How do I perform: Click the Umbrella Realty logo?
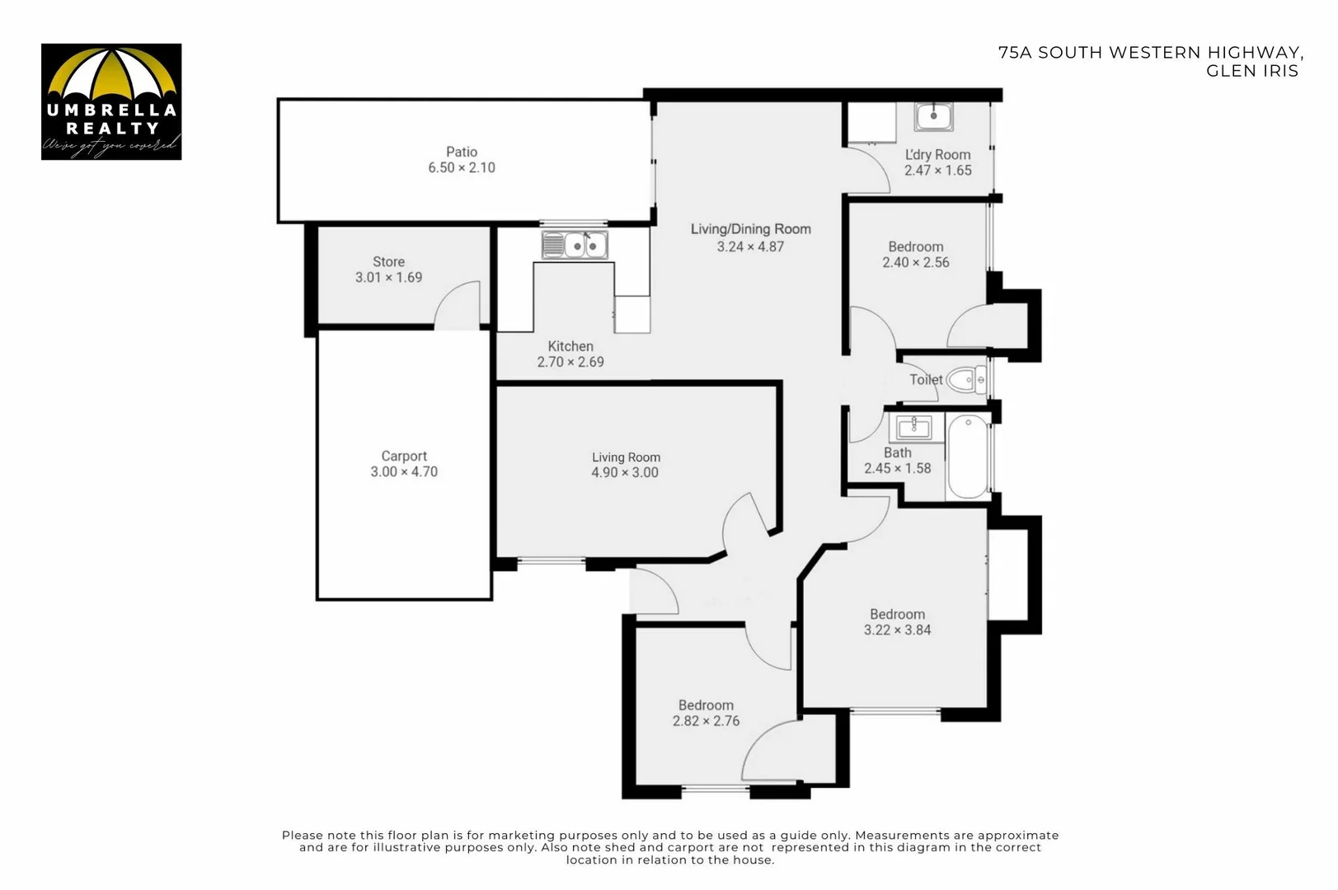111,101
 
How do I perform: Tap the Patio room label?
462,152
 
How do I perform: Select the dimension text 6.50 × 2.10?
462,167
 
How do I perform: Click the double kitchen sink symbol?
575,246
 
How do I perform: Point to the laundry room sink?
933,117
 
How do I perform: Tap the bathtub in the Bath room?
968,457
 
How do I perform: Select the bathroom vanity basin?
913,427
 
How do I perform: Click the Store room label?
388,262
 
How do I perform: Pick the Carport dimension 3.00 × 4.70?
404,471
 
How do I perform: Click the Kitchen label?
570,346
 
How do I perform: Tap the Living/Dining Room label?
750,229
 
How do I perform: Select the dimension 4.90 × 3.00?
625,472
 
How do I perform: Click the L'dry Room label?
937,155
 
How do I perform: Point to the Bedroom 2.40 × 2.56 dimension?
915,262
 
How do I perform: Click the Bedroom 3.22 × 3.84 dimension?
897,630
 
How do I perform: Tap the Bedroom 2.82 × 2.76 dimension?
706,720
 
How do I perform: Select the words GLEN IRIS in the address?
1251,71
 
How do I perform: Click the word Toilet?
925,380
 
